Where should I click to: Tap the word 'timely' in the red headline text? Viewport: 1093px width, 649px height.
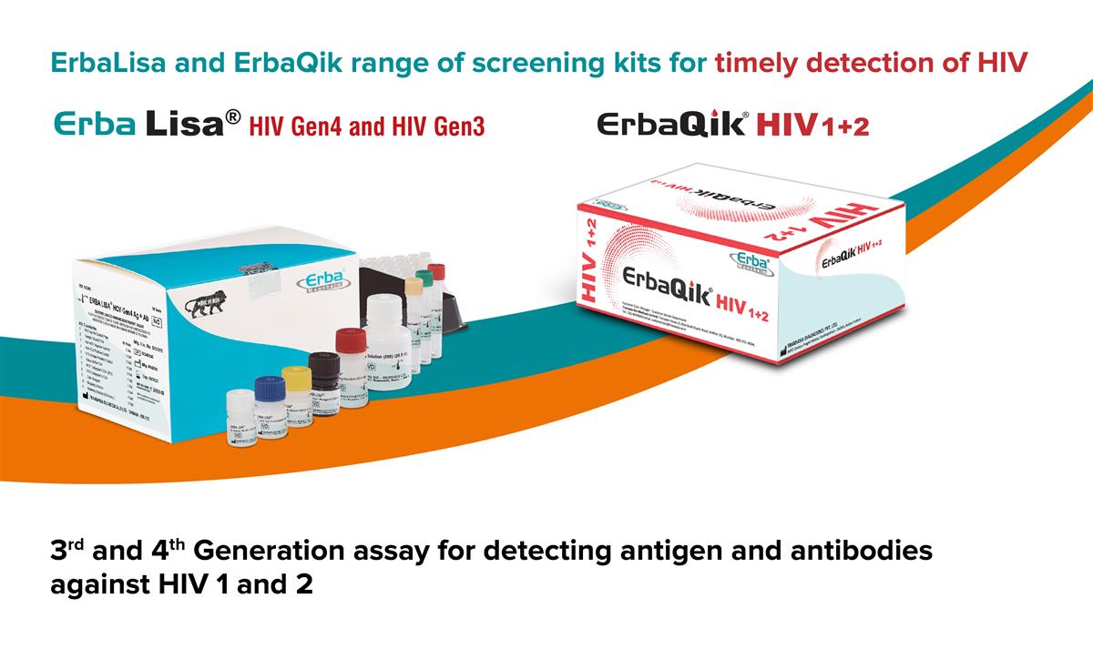[x=764, y=63]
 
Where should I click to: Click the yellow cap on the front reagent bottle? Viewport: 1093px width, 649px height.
[x=297, y=375]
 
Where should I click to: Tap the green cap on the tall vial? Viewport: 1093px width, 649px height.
[x=424, y=278]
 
